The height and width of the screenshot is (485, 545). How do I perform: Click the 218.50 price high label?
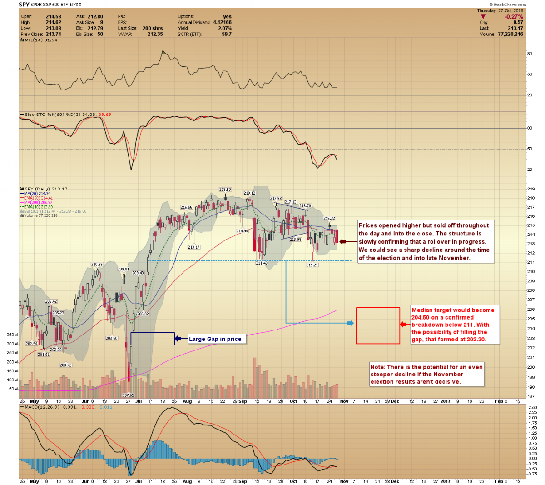coord(225,190)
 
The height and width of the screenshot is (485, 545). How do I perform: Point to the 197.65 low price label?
coord(129,395)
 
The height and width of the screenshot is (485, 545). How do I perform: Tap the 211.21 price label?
coord(312,265)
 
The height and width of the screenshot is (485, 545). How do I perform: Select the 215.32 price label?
coord(329,219)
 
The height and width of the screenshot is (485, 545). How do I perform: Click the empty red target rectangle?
coord(377,325)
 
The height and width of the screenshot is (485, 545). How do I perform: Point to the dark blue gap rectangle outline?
coord(152,339)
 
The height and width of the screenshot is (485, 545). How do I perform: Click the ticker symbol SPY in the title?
coord(25,5)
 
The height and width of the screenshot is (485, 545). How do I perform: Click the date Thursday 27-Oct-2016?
coord(500,11)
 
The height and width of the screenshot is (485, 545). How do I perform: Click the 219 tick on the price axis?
coord(530,189)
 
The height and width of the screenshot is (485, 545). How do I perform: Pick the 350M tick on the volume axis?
coord(12,335)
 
